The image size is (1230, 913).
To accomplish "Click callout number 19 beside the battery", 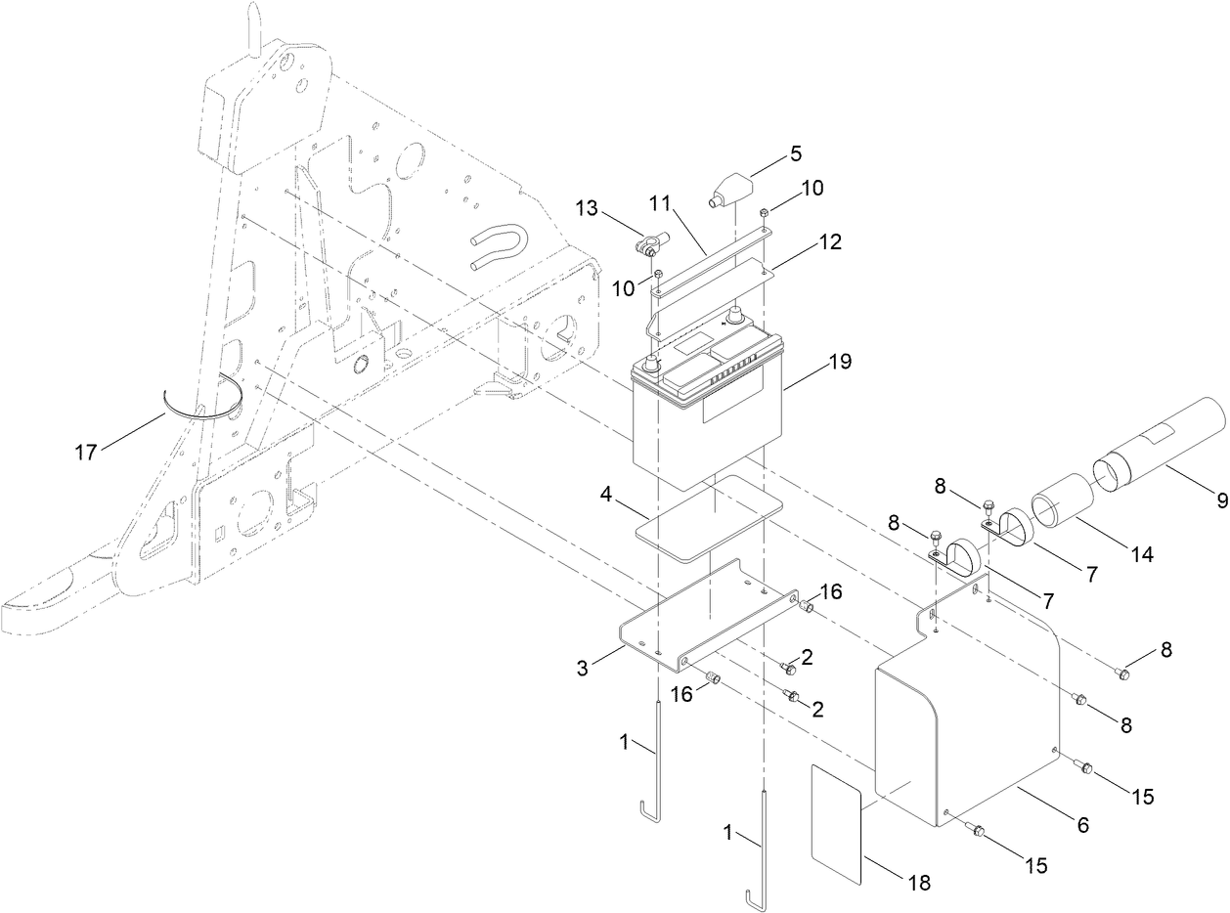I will [839, 362].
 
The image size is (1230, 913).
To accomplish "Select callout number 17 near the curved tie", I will [87, 452].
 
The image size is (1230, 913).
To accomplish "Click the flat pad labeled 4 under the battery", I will [709, 518].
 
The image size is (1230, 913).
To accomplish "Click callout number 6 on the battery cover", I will [1082, 824].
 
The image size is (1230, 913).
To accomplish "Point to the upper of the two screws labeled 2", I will [787, 667].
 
